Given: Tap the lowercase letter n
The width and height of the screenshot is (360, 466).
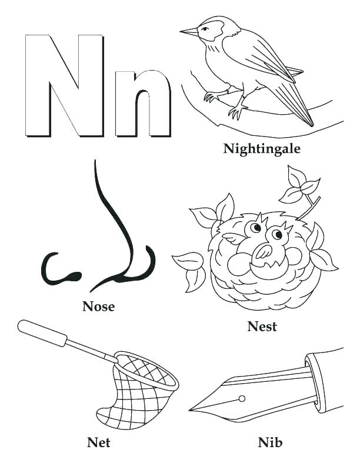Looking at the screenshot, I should pos(142,103).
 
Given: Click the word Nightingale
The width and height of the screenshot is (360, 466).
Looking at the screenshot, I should pos(262,148).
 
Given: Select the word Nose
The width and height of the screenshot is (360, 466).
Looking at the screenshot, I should pos(98,306).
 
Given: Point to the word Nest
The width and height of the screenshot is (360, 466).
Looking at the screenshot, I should pos(262,327).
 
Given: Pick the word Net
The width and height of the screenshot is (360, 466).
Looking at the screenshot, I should pos(98,441).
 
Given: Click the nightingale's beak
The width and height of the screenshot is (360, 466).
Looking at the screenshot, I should pos(189,32).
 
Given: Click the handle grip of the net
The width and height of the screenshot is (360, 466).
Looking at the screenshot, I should pos(44,333).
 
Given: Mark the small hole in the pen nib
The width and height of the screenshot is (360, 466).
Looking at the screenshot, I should pos(241,398).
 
